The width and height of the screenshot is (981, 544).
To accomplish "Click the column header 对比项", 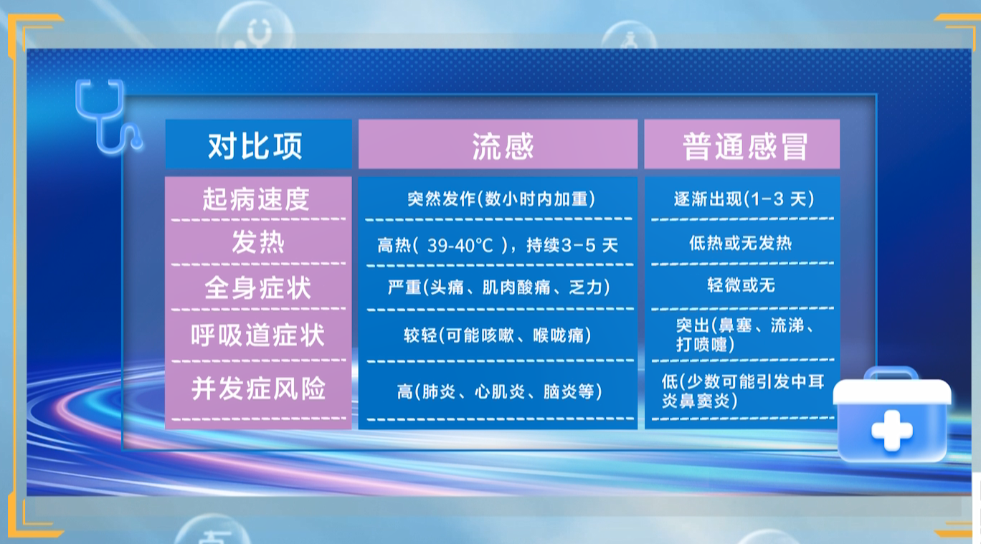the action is coord(255,146).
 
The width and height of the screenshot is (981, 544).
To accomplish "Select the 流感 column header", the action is coord(502,146).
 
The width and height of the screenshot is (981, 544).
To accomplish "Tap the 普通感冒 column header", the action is coord(744,146).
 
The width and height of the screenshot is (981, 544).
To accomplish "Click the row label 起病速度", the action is coord(256,199).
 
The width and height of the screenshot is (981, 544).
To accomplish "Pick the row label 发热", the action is coord(258,242).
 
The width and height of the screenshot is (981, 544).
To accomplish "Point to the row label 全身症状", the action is coord(257,288).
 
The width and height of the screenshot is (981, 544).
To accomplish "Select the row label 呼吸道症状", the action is coord(257,335).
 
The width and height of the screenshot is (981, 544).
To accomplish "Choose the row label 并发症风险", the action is coord(258,388).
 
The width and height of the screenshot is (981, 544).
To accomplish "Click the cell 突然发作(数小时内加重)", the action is coord(501,199).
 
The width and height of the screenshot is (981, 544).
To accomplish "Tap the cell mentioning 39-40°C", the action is coord(498,245).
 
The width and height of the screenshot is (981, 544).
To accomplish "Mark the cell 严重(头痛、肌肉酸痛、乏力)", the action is coord(499,287).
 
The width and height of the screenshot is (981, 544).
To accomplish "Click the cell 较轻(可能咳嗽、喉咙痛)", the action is coord(498,335).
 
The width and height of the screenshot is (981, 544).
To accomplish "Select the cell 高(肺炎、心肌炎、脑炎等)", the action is coord(500,392).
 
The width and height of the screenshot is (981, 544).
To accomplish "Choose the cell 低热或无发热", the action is coord(741,243).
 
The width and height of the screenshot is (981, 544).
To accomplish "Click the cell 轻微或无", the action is coord(741,285).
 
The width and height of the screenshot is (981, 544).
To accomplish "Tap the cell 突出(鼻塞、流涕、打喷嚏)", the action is coord(744,335).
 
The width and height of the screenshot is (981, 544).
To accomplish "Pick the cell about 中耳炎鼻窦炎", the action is coord(743,391).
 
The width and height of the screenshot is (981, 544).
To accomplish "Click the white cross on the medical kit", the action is coord(892,431).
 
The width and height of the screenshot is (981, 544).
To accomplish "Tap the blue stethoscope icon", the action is coord(108,116).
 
